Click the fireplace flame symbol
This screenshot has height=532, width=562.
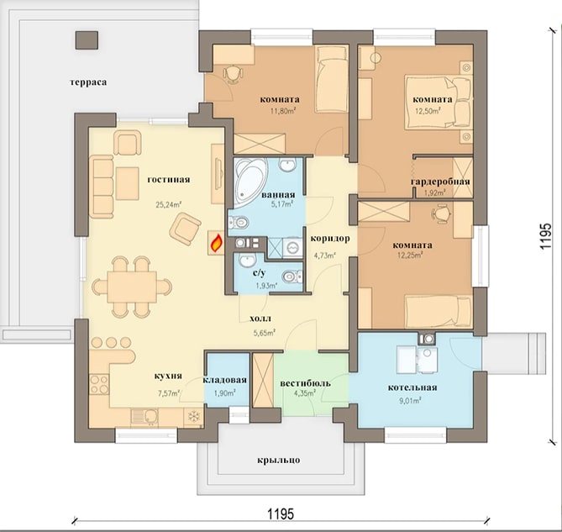click(x=217, y=243)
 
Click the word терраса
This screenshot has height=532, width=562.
click(x=88, y=82)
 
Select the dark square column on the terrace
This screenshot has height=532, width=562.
click(x=87, y=40)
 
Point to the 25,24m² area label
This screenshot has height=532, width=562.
click(x=168, y=205)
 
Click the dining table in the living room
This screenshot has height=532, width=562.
click(x=132, y=287)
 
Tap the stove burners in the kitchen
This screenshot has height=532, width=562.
click(x=99, y=384)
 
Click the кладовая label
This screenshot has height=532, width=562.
click(x=225, y=380)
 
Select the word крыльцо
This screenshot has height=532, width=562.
click(x=279, y=460)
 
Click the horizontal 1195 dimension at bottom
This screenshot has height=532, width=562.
click(x=281, y=514)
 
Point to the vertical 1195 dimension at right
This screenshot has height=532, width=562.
click(x=545, y=237)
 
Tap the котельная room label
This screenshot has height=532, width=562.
click(x=412, y=387)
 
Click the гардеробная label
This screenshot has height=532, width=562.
click(x=440, y=182)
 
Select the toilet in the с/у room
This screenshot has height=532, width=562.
click(x=292, y=277)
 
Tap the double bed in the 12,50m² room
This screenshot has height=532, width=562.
click(x=438, y=102)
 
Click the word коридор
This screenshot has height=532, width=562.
click(x=330, y=239)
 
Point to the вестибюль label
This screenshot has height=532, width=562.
click(x=306, y=383)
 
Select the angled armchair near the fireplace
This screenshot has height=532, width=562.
click(x=185, y=229)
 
